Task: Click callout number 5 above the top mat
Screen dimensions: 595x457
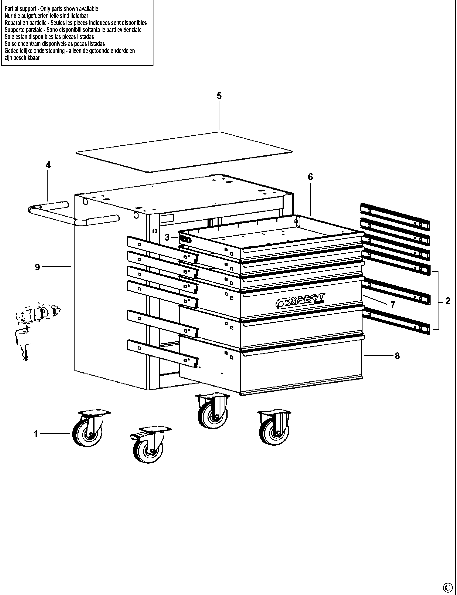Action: tap(219, 96)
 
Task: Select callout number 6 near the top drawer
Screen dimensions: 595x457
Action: tap(310, 177)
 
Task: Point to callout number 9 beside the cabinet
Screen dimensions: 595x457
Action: tap(37, 267)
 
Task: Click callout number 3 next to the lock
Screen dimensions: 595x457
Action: tap(167, 237)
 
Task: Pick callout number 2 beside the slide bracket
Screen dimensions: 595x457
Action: tap(448, 301)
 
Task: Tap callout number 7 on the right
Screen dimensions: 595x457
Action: tap(393, 305)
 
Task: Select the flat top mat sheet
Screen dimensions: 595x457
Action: tap(184, 152)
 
